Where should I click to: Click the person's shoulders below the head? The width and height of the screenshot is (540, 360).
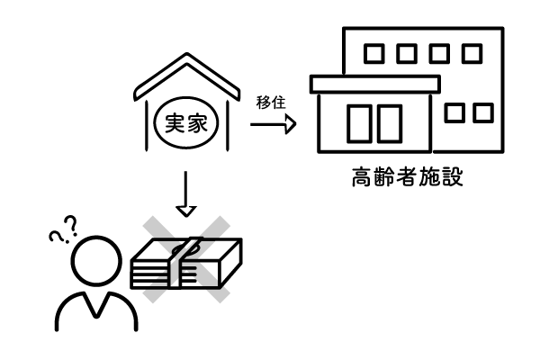point(90,310)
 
